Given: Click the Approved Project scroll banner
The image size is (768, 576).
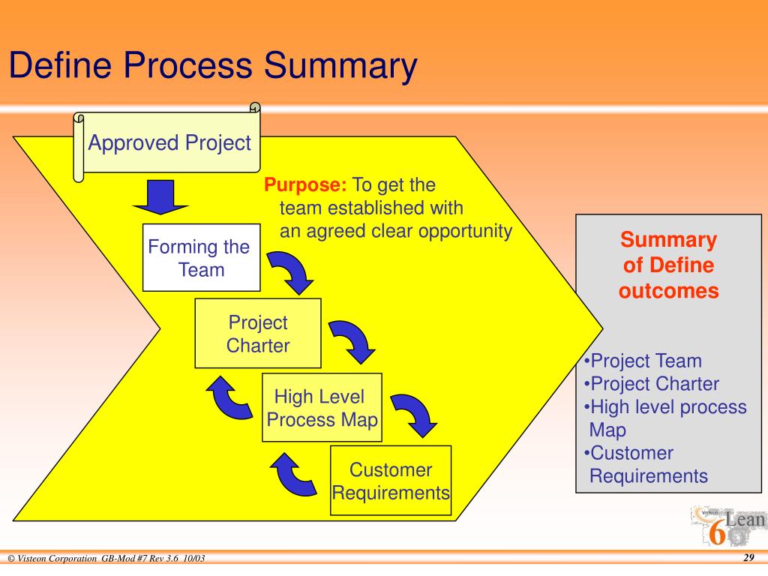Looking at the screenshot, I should pos(169,143).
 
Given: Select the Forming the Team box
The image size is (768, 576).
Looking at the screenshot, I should pos(201,257).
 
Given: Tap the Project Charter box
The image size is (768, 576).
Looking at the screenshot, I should pos(258,334).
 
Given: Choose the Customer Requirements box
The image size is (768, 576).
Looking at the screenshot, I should pos(391,481).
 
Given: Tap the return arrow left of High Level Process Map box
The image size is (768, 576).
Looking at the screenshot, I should pos(231,398).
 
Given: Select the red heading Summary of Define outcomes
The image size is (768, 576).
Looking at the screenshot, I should pos(668,265).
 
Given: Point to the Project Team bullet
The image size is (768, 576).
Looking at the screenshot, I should pos(643,361).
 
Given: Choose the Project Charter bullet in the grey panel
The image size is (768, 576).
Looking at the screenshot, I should pos(652,384).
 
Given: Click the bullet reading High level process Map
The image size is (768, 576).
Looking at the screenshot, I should pos(665,418).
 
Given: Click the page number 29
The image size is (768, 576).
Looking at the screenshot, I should pos(748,559).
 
